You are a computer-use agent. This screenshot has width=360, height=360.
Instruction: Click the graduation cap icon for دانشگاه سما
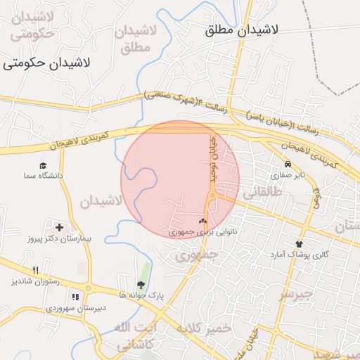(x=44, y=165)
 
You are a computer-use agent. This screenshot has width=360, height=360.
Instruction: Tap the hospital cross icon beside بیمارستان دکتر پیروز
(x=59, y=227)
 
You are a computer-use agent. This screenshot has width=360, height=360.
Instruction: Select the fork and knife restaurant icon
(x=35, y=270)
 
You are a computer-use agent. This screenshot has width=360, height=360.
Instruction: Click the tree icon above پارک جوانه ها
(x=141, y=285)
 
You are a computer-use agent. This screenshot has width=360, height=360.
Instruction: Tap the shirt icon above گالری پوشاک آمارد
(x=300, y=243)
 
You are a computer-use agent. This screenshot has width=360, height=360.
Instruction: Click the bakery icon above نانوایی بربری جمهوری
(x=203, y=221)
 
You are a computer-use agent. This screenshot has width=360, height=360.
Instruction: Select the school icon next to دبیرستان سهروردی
(x=76, y=297)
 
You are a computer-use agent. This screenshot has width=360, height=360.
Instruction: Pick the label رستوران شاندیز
(x=35, y=281)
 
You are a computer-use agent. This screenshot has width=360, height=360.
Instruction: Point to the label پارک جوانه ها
(x=141, y=296)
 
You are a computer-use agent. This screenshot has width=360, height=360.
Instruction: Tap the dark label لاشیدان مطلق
(x=242, y=31)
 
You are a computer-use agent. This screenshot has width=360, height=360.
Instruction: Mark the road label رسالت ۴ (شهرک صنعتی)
(x=186, y=101)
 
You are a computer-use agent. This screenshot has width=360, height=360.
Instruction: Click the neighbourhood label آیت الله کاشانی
(x=123, y=336)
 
